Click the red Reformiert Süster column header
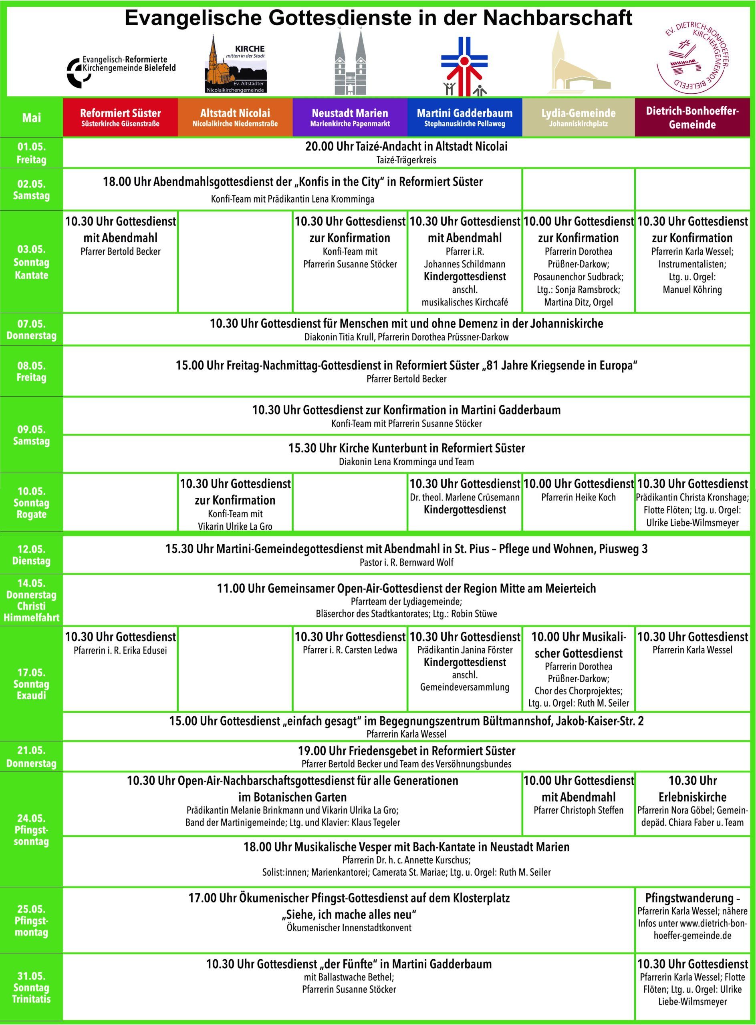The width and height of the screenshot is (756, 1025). tap(120, 118)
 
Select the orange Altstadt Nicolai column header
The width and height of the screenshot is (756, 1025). tap(235, 118)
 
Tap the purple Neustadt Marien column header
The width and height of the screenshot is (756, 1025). tap(350, 118)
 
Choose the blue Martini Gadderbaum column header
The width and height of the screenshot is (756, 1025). tap(464, 118)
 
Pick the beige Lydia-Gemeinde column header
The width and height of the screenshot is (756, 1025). tap(579, 118)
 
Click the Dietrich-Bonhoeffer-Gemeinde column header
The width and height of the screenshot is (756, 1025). tap(692, 118)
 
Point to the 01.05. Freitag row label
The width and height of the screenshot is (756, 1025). tap(32, 153)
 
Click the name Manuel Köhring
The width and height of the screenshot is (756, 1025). tap(692, 289)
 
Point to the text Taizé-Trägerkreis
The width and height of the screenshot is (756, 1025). tap(406, 160)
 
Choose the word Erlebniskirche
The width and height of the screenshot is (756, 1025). tap(692, 797)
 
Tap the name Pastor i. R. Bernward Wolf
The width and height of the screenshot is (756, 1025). tap(406, 562)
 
